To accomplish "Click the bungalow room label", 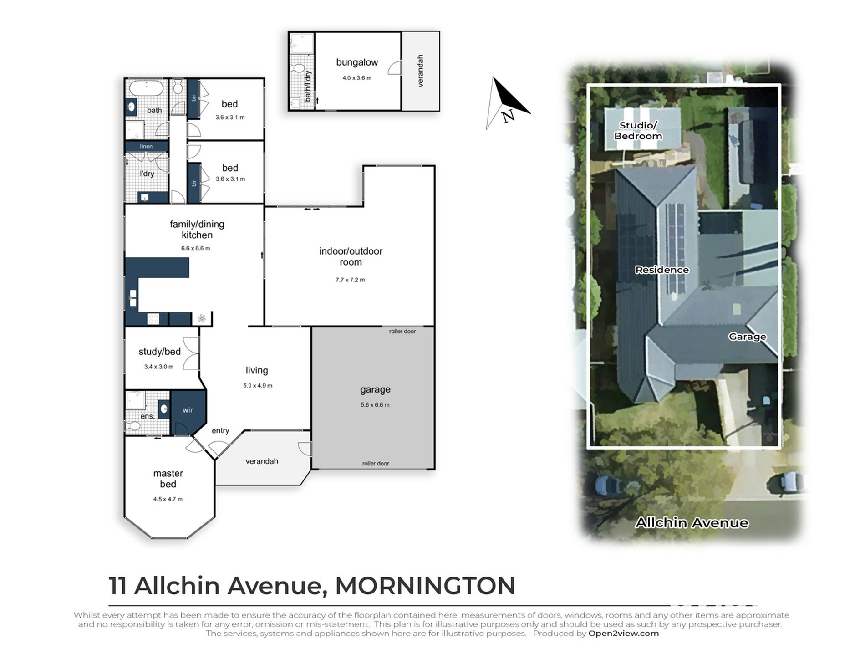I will [357, 62].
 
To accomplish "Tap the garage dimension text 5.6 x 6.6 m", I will [375, 404].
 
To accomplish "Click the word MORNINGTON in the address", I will [425, 586].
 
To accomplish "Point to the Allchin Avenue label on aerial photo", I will [691, 522].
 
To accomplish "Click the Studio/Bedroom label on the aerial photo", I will [638, 130].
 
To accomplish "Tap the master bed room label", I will [168, 479].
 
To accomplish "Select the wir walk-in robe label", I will [188, 410].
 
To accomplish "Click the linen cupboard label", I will [146, 146].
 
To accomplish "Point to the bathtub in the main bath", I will [146, 87].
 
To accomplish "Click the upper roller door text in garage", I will [402, 331].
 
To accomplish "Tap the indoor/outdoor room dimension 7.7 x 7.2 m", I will [350, 280].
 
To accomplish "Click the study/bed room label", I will [159, 352].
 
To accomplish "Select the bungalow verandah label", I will [420, 71].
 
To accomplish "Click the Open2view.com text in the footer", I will [623, 633].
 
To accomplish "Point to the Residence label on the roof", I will [661, 270].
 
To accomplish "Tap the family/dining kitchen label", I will [197, 229].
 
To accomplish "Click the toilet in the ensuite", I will [133, 426].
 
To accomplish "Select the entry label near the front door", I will [220, 430].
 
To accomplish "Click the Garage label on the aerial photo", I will [747, 337].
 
